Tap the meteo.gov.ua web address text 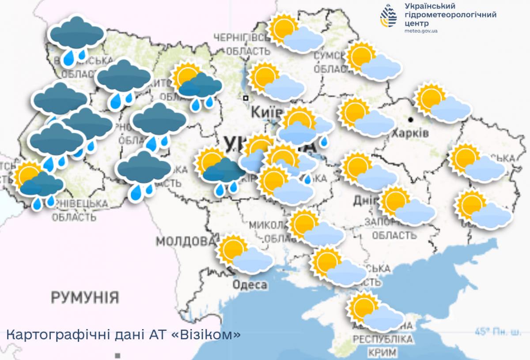click(x=421, y=31)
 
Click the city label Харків click(x=411, y=133)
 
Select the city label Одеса click(x=250, y=285)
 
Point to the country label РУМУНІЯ click(x=85, y=297)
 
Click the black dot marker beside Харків click(x=411, y=120)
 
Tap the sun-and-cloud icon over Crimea click(x=375, y=312)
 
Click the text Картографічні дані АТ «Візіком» click(x=124, y=334)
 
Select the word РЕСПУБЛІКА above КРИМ click(x=383, y=340)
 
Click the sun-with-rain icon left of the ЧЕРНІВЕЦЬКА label click(x=38, y=185)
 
